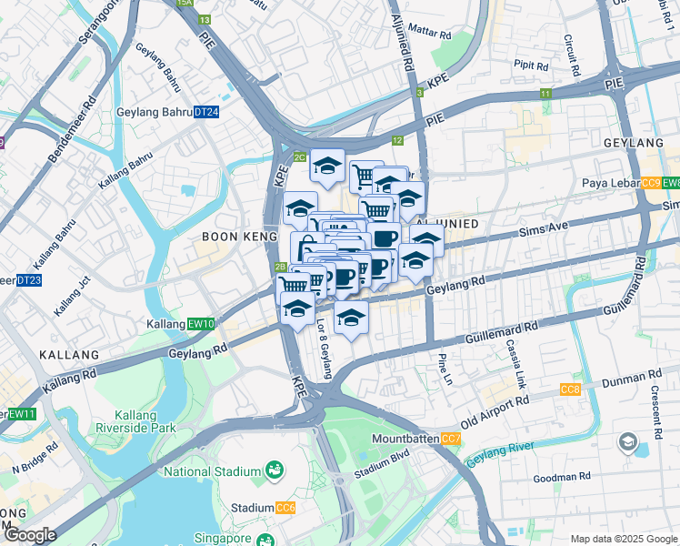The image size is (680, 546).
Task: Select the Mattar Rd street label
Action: pyautogui.click(x=430, y=33)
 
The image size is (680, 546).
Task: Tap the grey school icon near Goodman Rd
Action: pyautogui.click(x=626, y=443)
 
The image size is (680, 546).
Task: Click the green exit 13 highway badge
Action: pyautogui.click(x=204, y=19)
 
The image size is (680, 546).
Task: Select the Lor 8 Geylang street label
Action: pyautogui.click(x=323, y=351)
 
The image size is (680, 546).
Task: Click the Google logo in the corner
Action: pyautogui.click(x=30, y=535)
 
